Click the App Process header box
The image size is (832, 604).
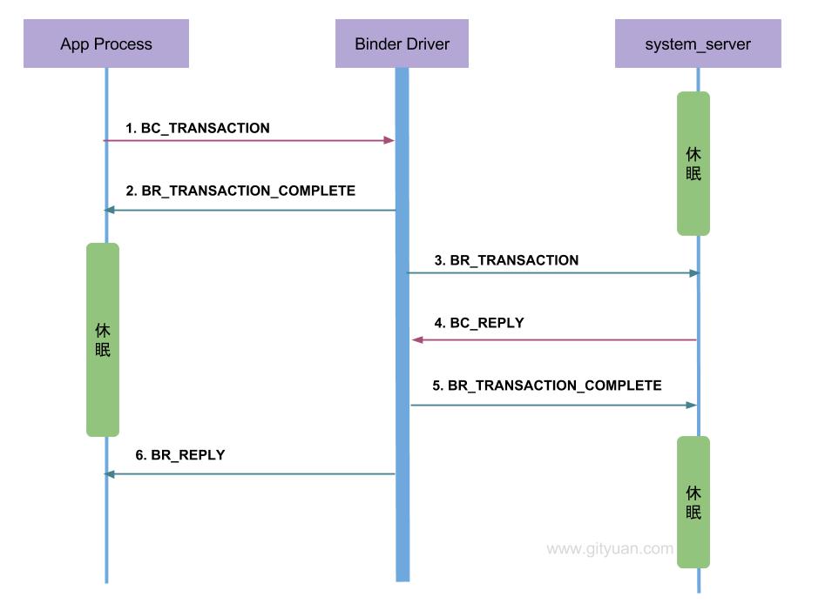(x=106, y=44)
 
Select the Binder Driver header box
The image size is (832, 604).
(x=402, y=44)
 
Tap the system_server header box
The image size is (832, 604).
(x=697, y=44)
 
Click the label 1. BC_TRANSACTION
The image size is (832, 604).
(x=198, y=128)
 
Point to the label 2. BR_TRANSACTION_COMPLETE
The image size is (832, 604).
(x=240, y=191)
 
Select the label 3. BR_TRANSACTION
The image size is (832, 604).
(x=506, y=260)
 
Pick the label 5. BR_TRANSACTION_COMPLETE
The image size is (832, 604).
(x=547, y=386)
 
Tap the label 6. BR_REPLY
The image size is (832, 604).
(x=180, y=455)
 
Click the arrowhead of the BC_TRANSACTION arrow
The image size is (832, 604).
(x=390, y=140)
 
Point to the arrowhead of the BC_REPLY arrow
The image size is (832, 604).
(x=417, y=340)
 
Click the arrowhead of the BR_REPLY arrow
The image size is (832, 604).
(x=109, y=474)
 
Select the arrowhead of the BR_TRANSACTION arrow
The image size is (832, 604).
(x=694, y=273)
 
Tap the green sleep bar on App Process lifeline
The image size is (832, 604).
(x=103, y=339)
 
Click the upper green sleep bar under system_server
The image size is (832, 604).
(x=693, y=164)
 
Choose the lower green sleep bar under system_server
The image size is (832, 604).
(x=693, y=502)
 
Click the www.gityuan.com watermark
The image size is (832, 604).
(x=610, y=549)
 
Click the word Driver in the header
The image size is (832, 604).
(x=422, y=44)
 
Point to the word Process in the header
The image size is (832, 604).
(x=124, y=44)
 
